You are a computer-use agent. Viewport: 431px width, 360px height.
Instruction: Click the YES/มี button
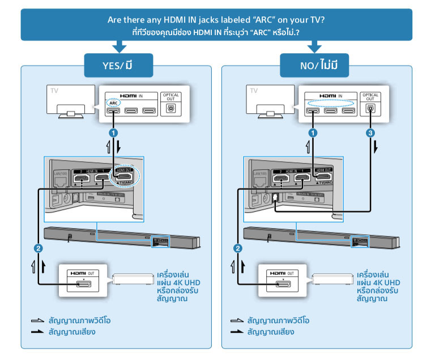point(118,65)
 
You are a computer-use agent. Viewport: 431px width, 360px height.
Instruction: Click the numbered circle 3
point(369,134)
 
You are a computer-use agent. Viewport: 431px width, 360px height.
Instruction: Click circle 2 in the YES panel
point(37,247)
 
